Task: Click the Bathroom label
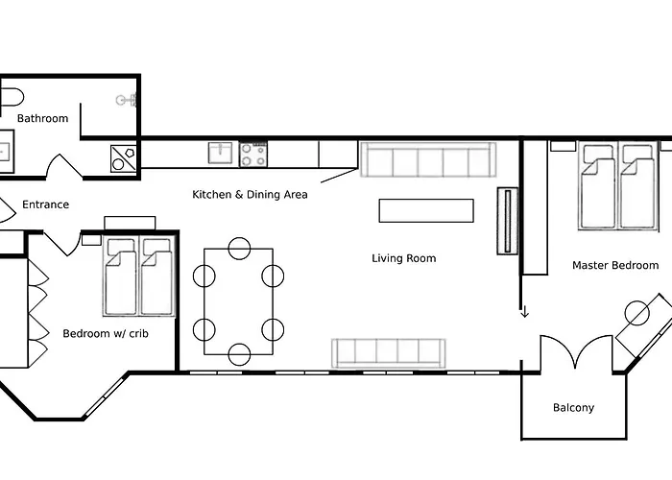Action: pyautogui.click(x=42, y=118)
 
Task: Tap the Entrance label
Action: pyautogui.click(x=45, y=204)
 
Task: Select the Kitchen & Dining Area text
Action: pyautogui.click(x=250, y=195)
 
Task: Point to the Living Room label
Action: pyautogui.click(x=403, y=258)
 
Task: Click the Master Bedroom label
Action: pyautogui.click(x=614, y=265)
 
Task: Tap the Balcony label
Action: pyautogui.click(x=573, y=408)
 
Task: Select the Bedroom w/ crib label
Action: pyautogui.click(x=105, y=334)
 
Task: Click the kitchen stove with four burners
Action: pyautogui.click(x=253, y=154)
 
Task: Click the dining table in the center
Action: pyautogui.click(x=238, y=300)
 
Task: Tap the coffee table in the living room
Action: pyautogui.click(x=426, y=210)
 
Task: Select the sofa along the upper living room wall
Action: pyautogui.click(x=427, y=160)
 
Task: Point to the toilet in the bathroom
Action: pyautogui.click(x=10, y=98)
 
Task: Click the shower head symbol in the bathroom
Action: pyautogui.click(x=122, y=99)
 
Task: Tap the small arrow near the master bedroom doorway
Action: pyautogui.click(x=524, y=312)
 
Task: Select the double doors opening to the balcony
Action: pyautogui.click(x=574, y=353)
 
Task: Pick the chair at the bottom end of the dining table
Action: pyautogui.click(x=239, y=353)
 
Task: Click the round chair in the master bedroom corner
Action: pyautogui.click(x=637, y=312)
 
